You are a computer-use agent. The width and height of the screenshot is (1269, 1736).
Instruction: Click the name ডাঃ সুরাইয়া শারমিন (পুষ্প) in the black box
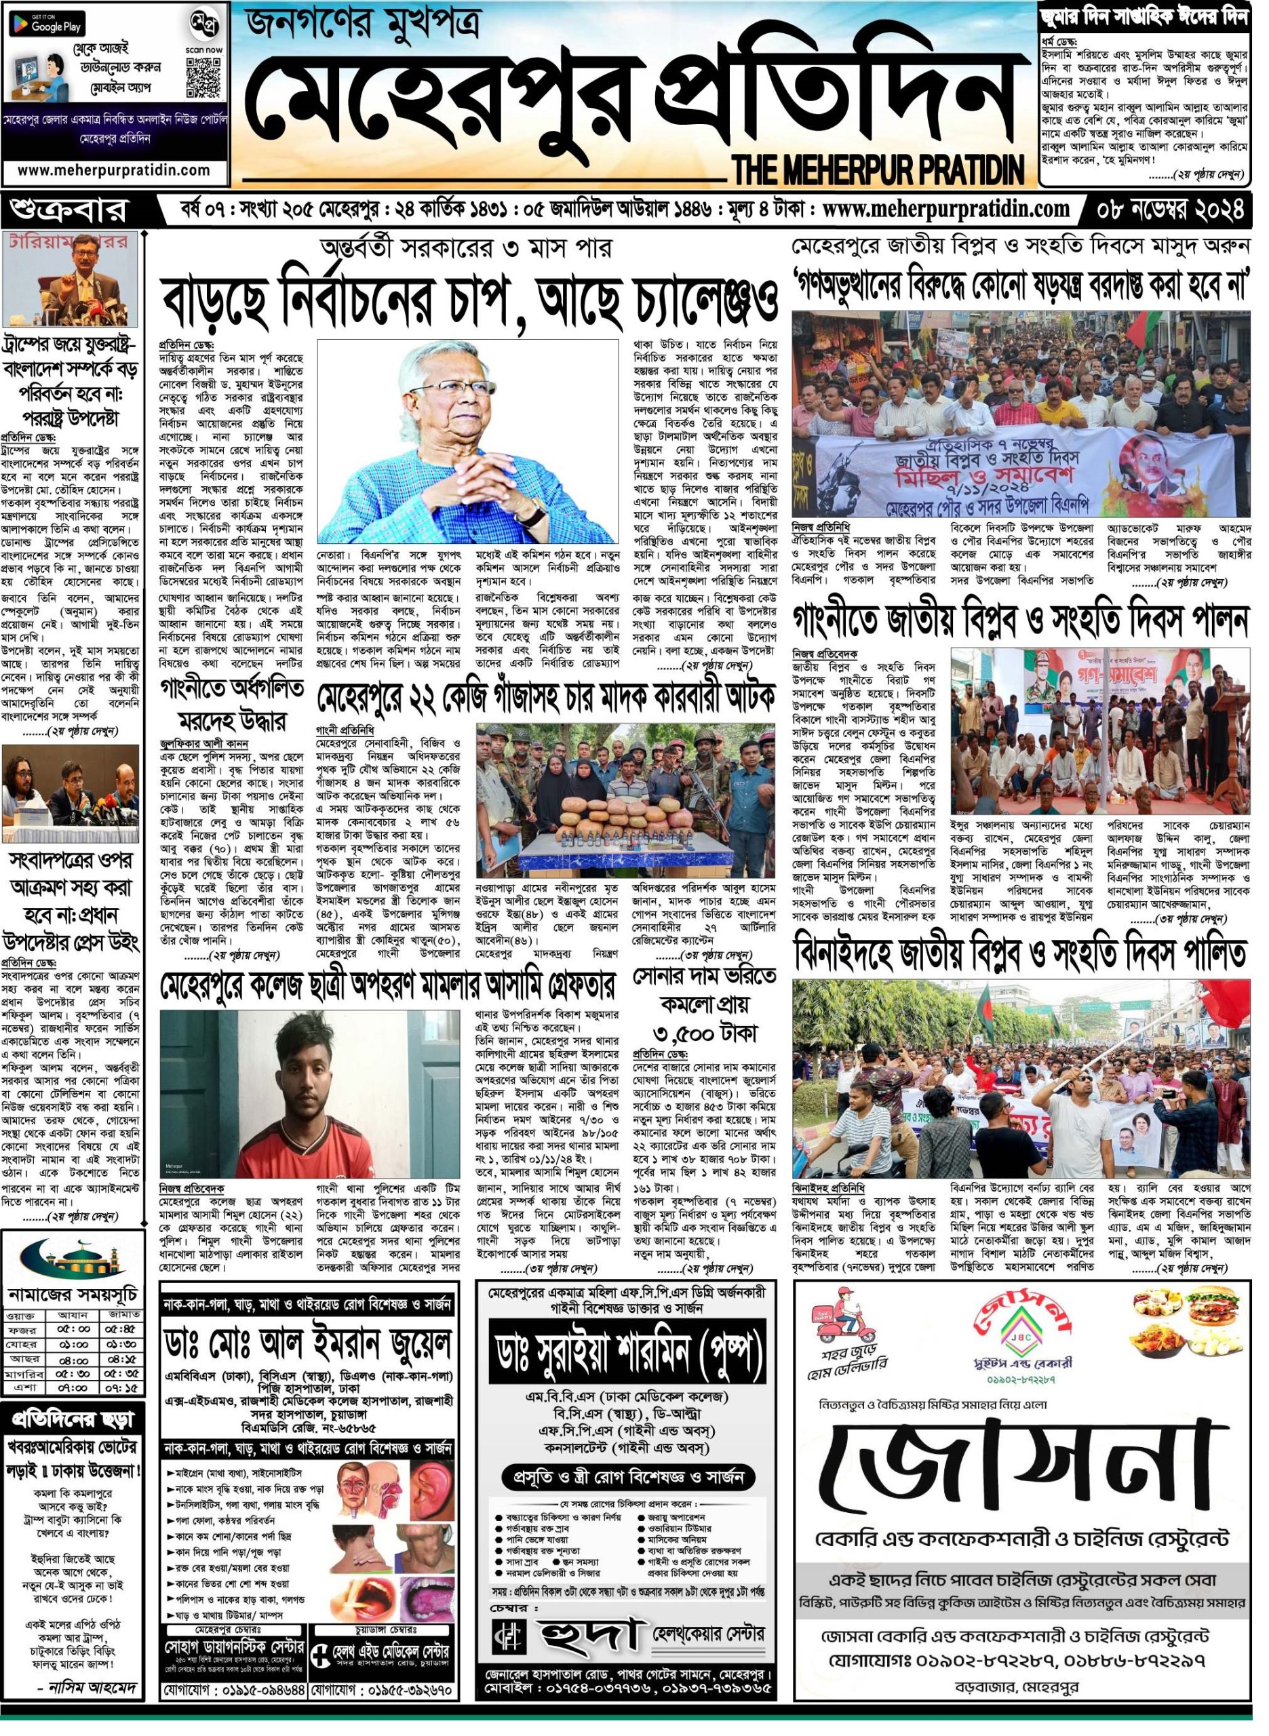pos(628,1363)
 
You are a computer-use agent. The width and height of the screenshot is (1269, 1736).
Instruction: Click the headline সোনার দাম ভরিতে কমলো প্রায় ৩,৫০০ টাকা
pos(705,1005)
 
